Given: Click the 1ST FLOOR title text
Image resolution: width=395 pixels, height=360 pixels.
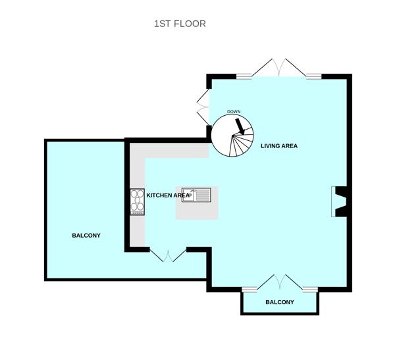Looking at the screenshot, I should [x=180, y=24].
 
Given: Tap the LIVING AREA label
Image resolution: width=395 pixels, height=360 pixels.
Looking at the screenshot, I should [x=278, y=146].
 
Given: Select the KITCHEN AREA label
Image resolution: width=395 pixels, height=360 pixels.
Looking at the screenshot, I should [x=167, y=195].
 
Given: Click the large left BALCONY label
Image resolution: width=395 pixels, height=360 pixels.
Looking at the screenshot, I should [x=86, y=235].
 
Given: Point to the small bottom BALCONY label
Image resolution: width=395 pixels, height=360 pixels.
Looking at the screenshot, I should [x=280, y=303].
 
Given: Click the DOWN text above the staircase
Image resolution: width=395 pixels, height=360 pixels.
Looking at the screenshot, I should [x=234, y=112].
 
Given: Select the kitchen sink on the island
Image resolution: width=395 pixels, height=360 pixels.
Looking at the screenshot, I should [x=201, y=194].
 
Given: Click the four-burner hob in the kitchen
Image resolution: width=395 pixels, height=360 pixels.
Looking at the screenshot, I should [x=138, y=201].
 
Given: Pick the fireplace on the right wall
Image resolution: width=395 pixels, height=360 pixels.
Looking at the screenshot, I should [x=340, y=201].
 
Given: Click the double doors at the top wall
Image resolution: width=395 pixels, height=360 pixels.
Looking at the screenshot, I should [x=280, y=68].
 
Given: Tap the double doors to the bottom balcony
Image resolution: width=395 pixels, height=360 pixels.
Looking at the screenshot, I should [x=280, y=282].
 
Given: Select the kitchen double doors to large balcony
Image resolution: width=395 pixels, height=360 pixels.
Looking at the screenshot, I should [x=168, y=255].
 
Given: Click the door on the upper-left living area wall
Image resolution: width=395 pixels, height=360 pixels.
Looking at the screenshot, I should [x=202, y=105].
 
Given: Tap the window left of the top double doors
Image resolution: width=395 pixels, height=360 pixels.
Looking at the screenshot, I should [x=244, y=76].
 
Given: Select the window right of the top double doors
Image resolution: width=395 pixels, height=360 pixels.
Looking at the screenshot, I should [x=313, y=76].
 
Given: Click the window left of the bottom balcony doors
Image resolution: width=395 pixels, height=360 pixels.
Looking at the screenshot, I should [x=250, y=289].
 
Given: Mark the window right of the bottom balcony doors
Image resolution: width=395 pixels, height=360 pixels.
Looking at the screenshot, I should [x=310, y=289].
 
